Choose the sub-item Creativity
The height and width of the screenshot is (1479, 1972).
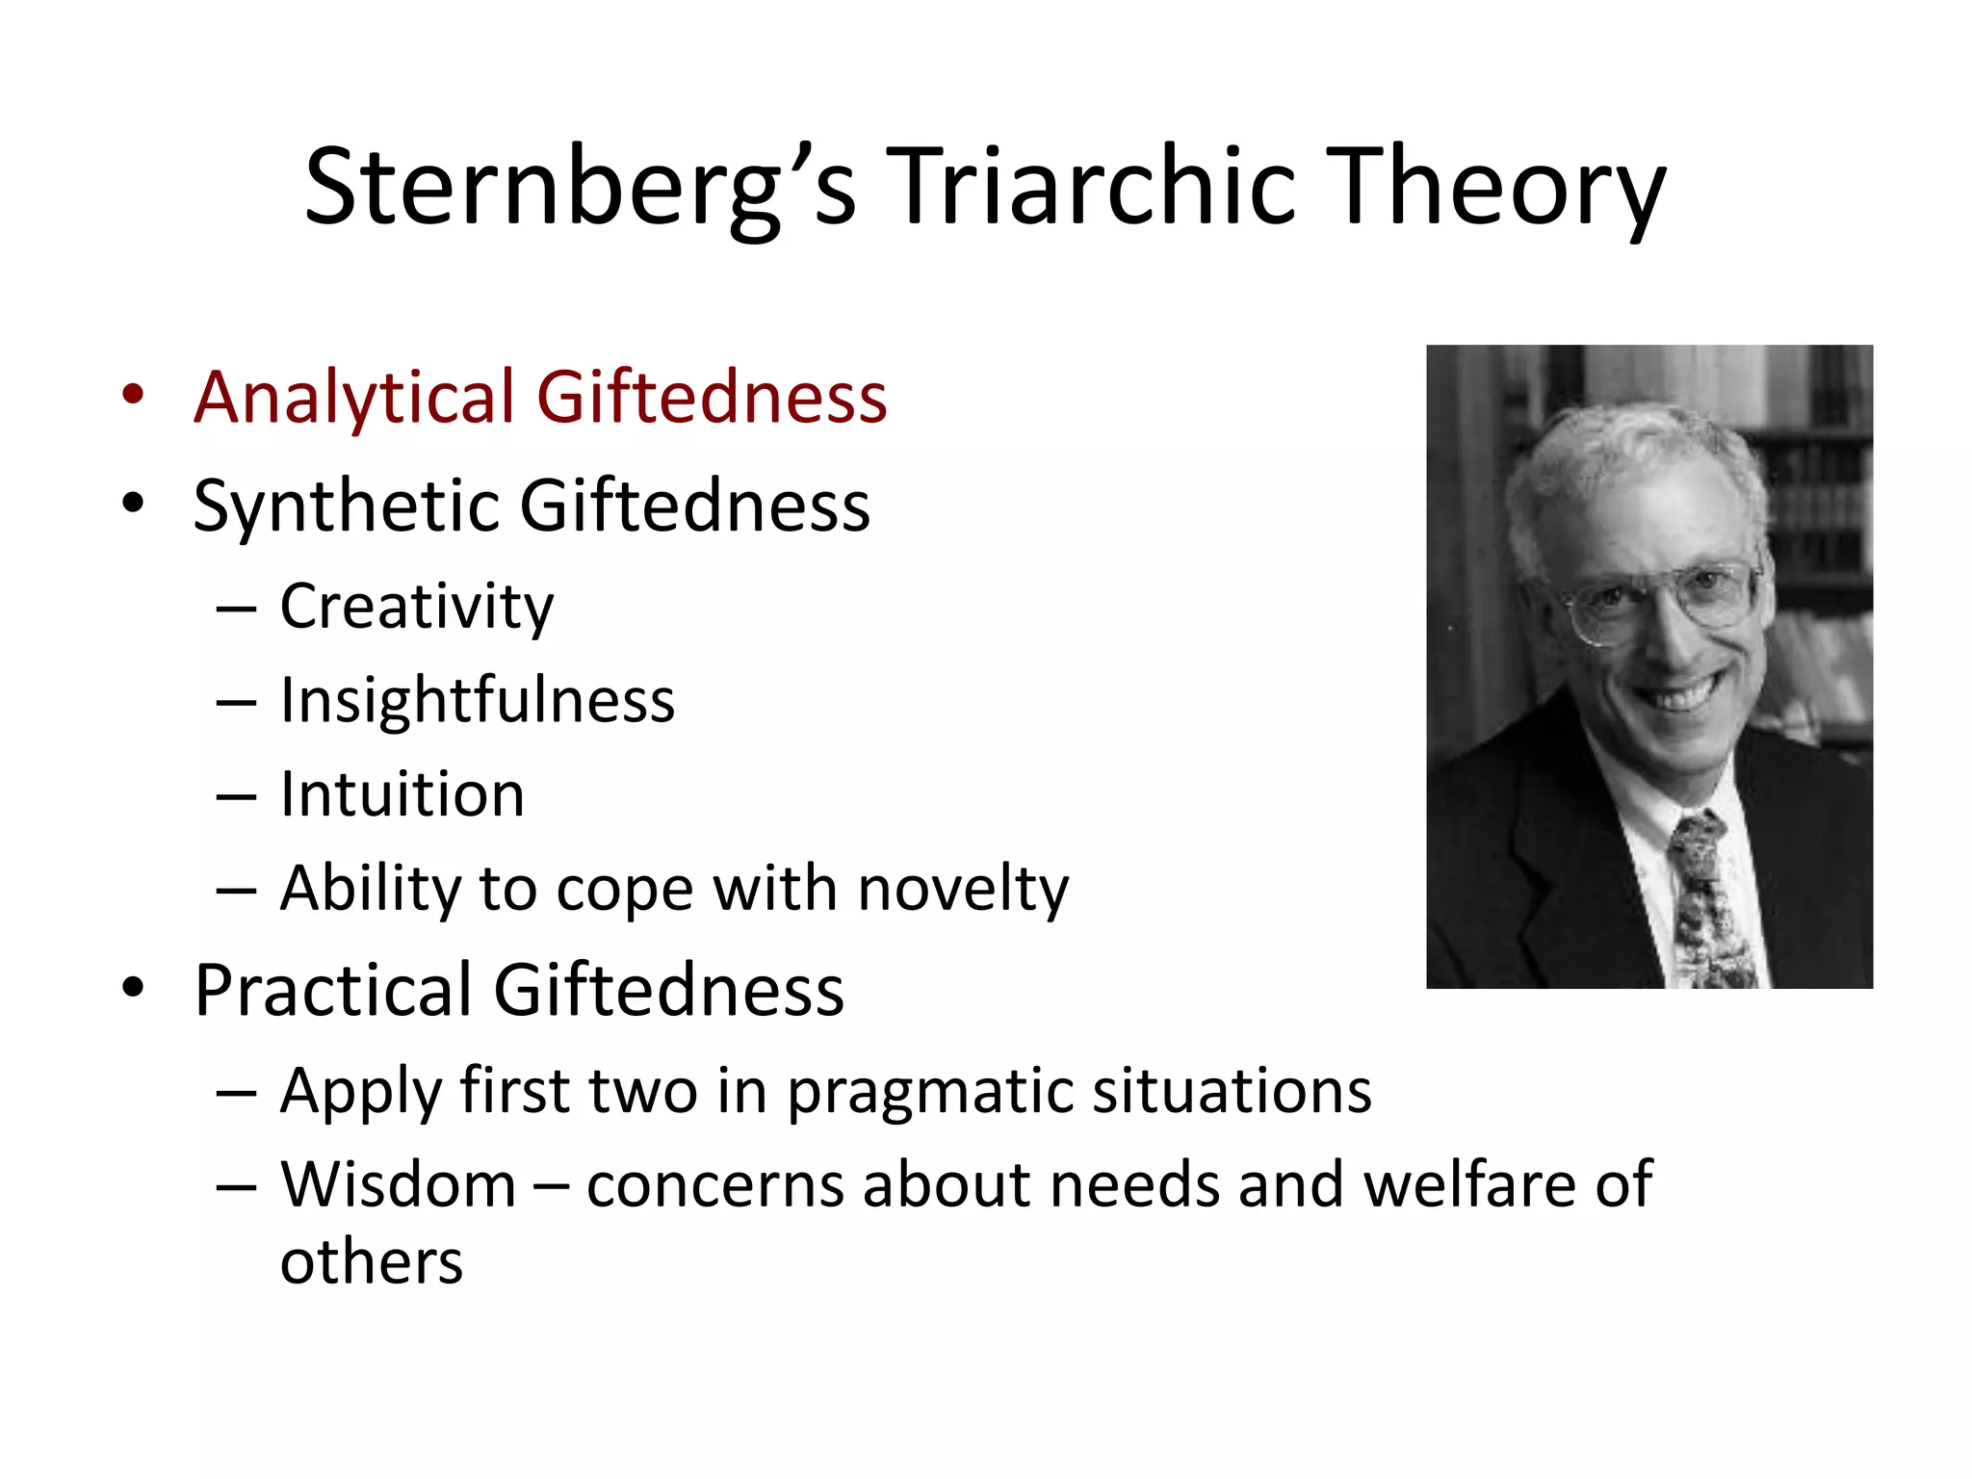[416, 608]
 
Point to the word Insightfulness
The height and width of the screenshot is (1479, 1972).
[477, 700]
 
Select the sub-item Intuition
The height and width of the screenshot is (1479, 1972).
[402, 794]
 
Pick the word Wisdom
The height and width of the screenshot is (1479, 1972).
[399, 1184]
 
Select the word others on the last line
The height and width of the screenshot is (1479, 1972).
[371, 1262]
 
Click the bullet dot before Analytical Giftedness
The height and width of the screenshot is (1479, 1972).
[133, 395]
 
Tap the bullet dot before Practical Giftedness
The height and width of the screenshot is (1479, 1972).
[133, 988]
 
